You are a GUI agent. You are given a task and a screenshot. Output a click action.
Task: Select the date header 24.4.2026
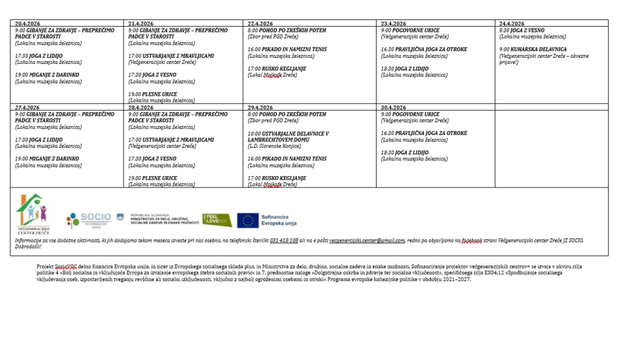point(512,24)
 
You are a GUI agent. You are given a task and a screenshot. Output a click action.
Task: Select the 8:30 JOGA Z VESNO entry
point(522,30)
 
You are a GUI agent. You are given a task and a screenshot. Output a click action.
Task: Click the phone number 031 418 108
point(284,241)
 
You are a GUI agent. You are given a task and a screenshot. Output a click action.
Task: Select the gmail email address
point(367,241)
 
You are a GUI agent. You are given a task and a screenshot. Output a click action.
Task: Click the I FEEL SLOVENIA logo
point(217,219)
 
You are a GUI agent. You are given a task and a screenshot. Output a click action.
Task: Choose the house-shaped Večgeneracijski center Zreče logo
point(33,214)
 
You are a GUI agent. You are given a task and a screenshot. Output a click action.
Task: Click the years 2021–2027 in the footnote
point(456,279)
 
